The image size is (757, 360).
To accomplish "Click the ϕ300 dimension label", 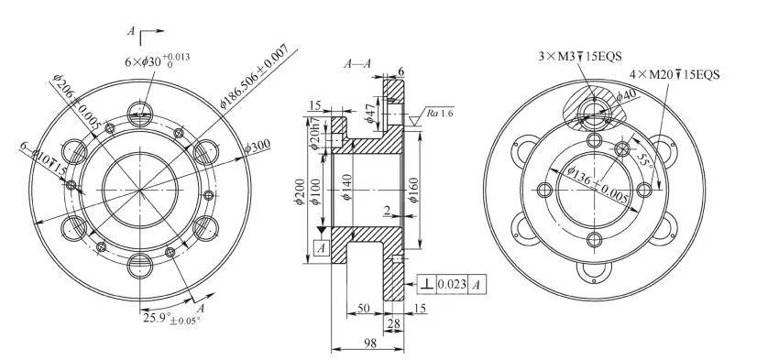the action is pos(258,146).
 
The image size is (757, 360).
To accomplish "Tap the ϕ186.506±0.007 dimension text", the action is pos(254,76).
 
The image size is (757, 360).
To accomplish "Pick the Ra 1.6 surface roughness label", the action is pos(440,113).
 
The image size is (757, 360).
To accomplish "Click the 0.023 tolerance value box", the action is pos(452,284).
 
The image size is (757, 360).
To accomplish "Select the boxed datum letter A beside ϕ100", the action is pos(322,248).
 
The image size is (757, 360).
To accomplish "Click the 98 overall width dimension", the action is pos(370,343).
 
